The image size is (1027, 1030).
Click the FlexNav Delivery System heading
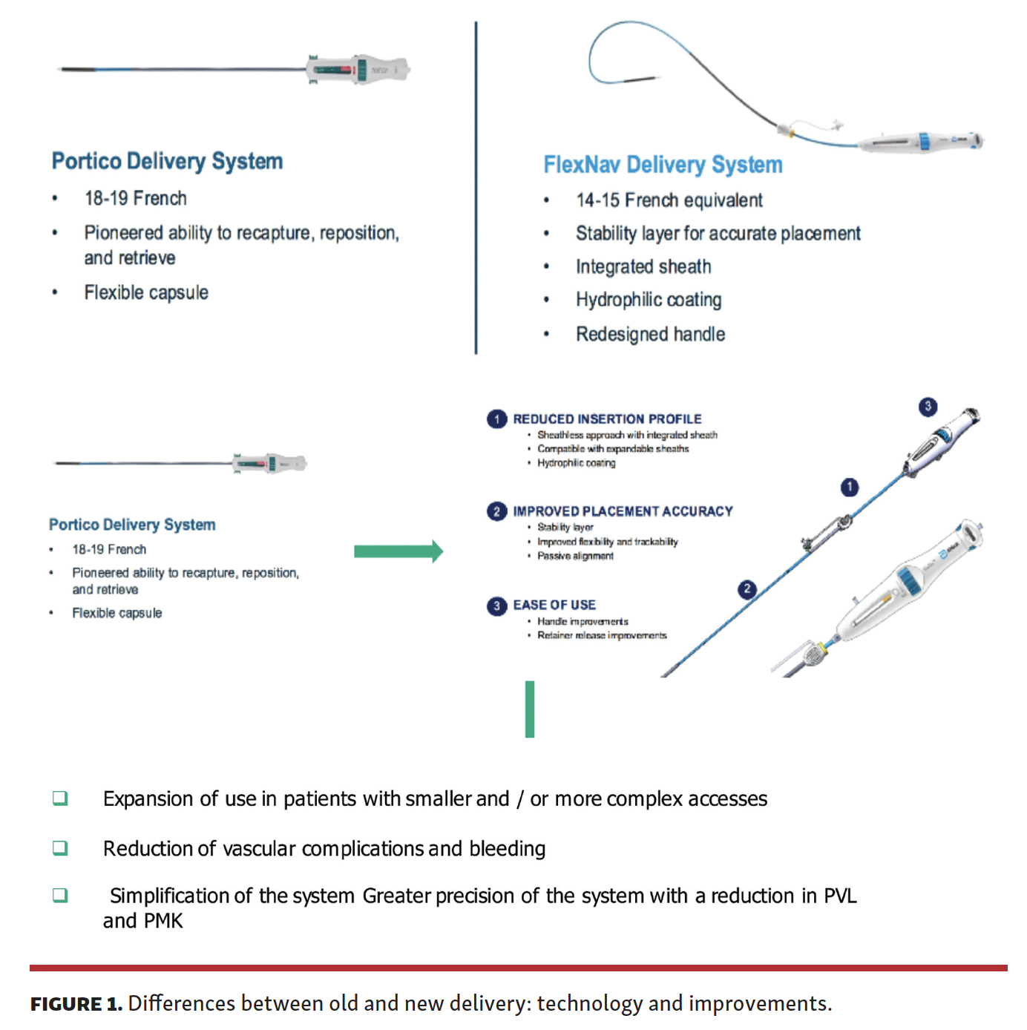663,165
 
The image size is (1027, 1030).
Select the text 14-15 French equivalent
669,200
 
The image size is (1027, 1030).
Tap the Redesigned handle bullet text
650,334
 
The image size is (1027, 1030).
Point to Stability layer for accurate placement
718,234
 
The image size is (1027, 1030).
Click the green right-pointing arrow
398,551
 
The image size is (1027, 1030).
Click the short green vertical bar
530,709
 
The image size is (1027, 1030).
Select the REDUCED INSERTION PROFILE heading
607,419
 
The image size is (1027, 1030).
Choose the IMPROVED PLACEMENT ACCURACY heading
623,511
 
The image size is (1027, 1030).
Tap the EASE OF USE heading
554,605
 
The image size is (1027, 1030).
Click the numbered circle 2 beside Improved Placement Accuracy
496,511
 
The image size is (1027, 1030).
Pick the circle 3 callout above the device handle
928,407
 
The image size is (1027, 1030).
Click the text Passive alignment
575,556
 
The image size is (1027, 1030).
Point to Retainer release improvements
602,635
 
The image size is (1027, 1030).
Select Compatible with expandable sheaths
613,449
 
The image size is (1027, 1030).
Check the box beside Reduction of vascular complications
60,848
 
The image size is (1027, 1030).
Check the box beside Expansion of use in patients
60,798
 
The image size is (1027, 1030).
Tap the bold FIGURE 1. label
76,1004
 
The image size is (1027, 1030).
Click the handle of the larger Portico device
358,70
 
